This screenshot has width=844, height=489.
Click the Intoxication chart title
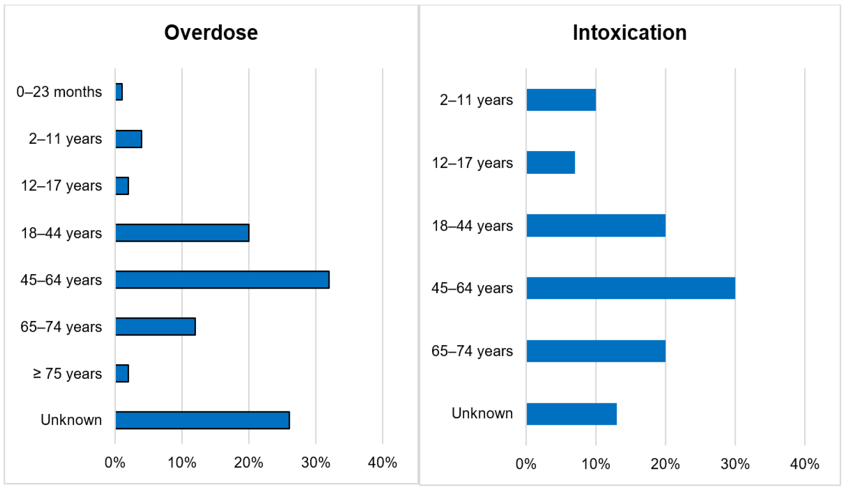[x=629, y=33]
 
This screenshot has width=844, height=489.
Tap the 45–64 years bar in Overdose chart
[x=222, y=279]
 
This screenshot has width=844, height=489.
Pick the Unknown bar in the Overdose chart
[x=202, y=420]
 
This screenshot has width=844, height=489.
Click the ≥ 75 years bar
[x=122, y=373]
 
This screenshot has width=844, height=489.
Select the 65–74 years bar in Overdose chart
[x=155, y=326]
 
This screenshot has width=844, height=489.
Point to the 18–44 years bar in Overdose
[x=182, y=233]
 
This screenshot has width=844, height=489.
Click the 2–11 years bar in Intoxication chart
[x=561, y=100]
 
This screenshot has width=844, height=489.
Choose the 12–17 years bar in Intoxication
[x=551, y=163]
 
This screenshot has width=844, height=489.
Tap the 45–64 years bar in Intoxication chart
[x=631, y=288]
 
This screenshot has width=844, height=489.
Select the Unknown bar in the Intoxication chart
[x=571, y=414]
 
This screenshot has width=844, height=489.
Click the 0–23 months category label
[x=59, y=92]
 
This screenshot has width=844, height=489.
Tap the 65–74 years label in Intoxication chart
[x=472, y=351]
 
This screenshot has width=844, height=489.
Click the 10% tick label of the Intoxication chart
[x=596, y=464]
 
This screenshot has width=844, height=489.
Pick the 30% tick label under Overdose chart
[x=315, y=463]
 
